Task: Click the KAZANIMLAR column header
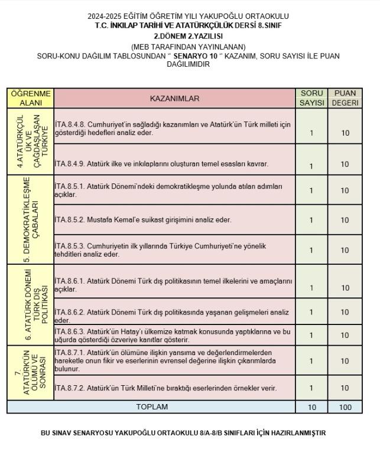tap(174, 99)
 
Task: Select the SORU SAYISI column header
tap(311, 98)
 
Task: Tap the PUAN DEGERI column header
tap(345, 98)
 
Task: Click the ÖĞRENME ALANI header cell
tap(30, 98)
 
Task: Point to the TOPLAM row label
tap(152, 407)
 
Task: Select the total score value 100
tap(345, 407)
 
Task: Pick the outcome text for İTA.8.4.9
tap(161, 164)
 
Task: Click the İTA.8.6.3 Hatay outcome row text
tap(172, 336)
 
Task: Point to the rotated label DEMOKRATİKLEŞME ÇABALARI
tap(30, 219)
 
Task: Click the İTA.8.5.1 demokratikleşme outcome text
tap(172, 190)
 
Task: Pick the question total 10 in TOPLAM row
tap(311, 407)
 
